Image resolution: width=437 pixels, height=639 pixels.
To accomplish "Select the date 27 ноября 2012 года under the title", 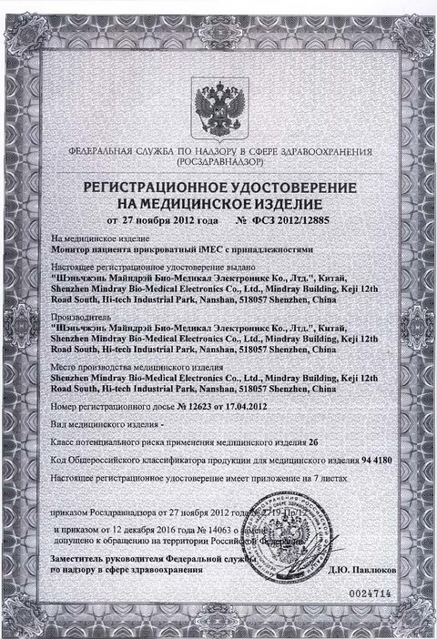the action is (x=171, y=219).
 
